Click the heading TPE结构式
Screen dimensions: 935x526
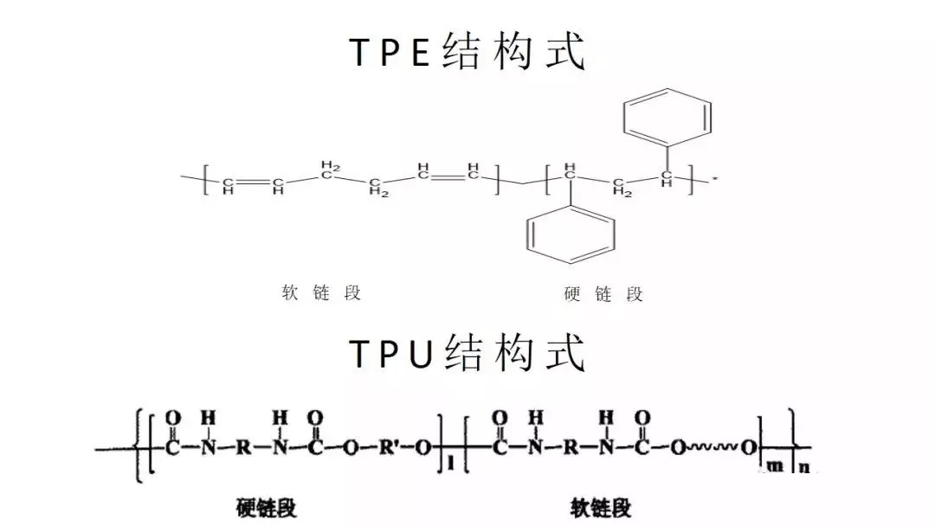[467, 51]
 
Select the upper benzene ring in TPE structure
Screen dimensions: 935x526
[667, 118]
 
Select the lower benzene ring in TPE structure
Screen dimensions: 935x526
[571, 234]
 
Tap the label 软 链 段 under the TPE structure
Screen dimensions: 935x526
[321, 292]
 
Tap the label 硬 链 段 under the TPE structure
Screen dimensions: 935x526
[603, 293]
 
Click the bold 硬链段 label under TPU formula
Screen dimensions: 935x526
[266, 508]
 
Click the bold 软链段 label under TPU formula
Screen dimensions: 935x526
[601, 508]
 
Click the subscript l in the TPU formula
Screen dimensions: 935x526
[450, 463]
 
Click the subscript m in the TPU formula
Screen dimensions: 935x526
[775, 465]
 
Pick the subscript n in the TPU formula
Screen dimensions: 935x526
[804, 466]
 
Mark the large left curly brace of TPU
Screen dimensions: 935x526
[139, 445]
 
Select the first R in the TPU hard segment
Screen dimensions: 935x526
[243, 447]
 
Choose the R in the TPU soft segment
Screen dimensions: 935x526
[571, 447]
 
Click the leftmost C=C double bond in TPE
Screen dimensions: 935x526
[253, 181]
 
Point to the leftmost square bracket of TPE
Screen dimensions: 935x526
[206, 179]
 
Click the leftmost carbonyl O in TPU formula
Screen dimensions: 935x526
[173, 418]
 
